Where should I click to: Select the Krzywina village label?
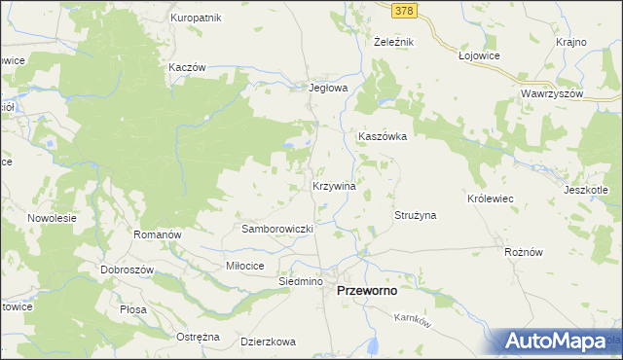click(333, 185)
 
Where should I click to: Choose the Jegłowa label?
click(328, 87)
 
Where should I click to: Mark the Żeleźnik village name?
click(394, 43)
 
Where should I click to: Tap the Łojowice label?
click(478, 56)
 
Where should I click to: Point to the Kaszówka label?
click(382, 137)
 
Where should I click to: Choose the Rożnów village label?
click(523, 251)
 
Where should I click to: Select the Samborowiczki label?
click(276, 229)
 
